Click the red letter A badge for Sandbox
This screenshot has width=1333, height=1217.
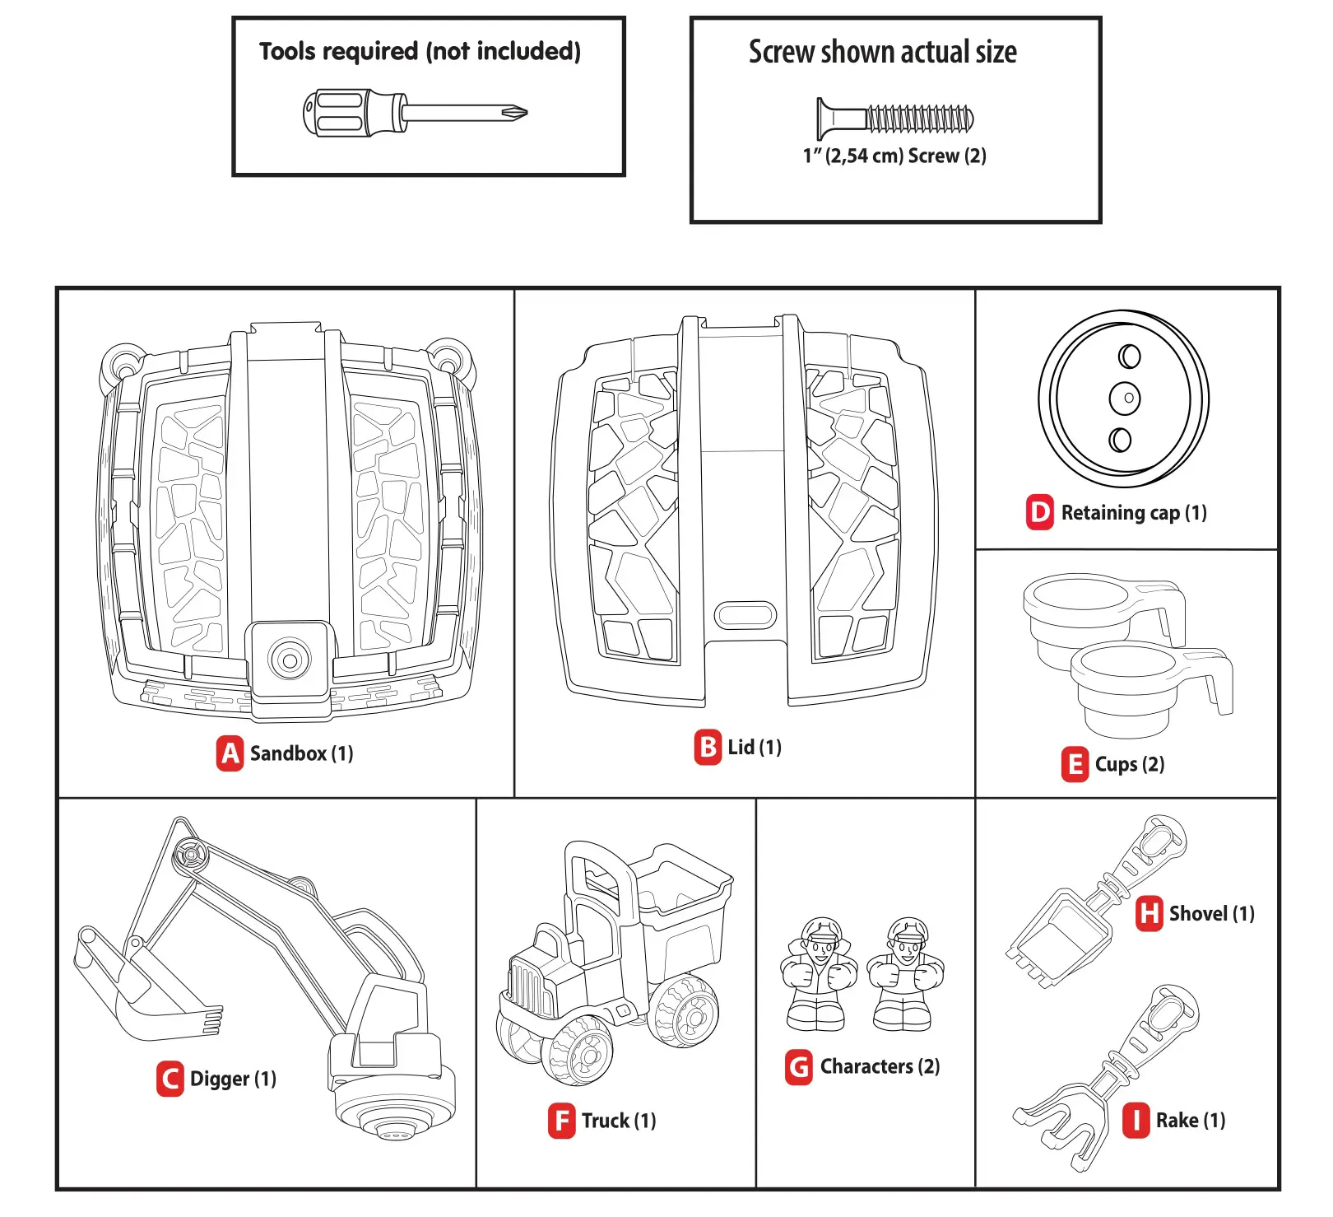230,753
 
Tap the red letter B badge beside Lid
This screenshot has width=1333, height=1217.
708,748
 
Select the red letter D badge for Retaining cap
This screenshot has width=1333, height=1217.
1040,512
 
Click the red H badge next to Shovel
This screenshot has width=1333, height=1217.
1149,914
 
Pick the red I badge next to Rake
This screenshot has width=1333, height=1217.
1136,1121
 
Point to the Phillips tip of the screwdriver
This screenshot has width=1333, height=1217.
516,114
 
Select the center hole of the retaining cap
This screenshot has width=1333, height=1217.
1125,398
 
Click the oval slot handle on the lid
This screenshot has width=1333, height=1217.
745,614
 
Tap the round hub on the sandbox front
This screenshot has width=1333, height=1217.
289,659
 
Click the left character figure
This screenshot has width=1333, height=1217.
818,976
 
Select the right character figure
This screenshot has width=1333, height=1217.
906,976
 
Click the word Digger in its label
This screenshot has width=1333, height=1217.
219,1079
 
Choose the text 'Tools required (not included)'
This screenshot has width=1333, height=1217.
420,52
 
